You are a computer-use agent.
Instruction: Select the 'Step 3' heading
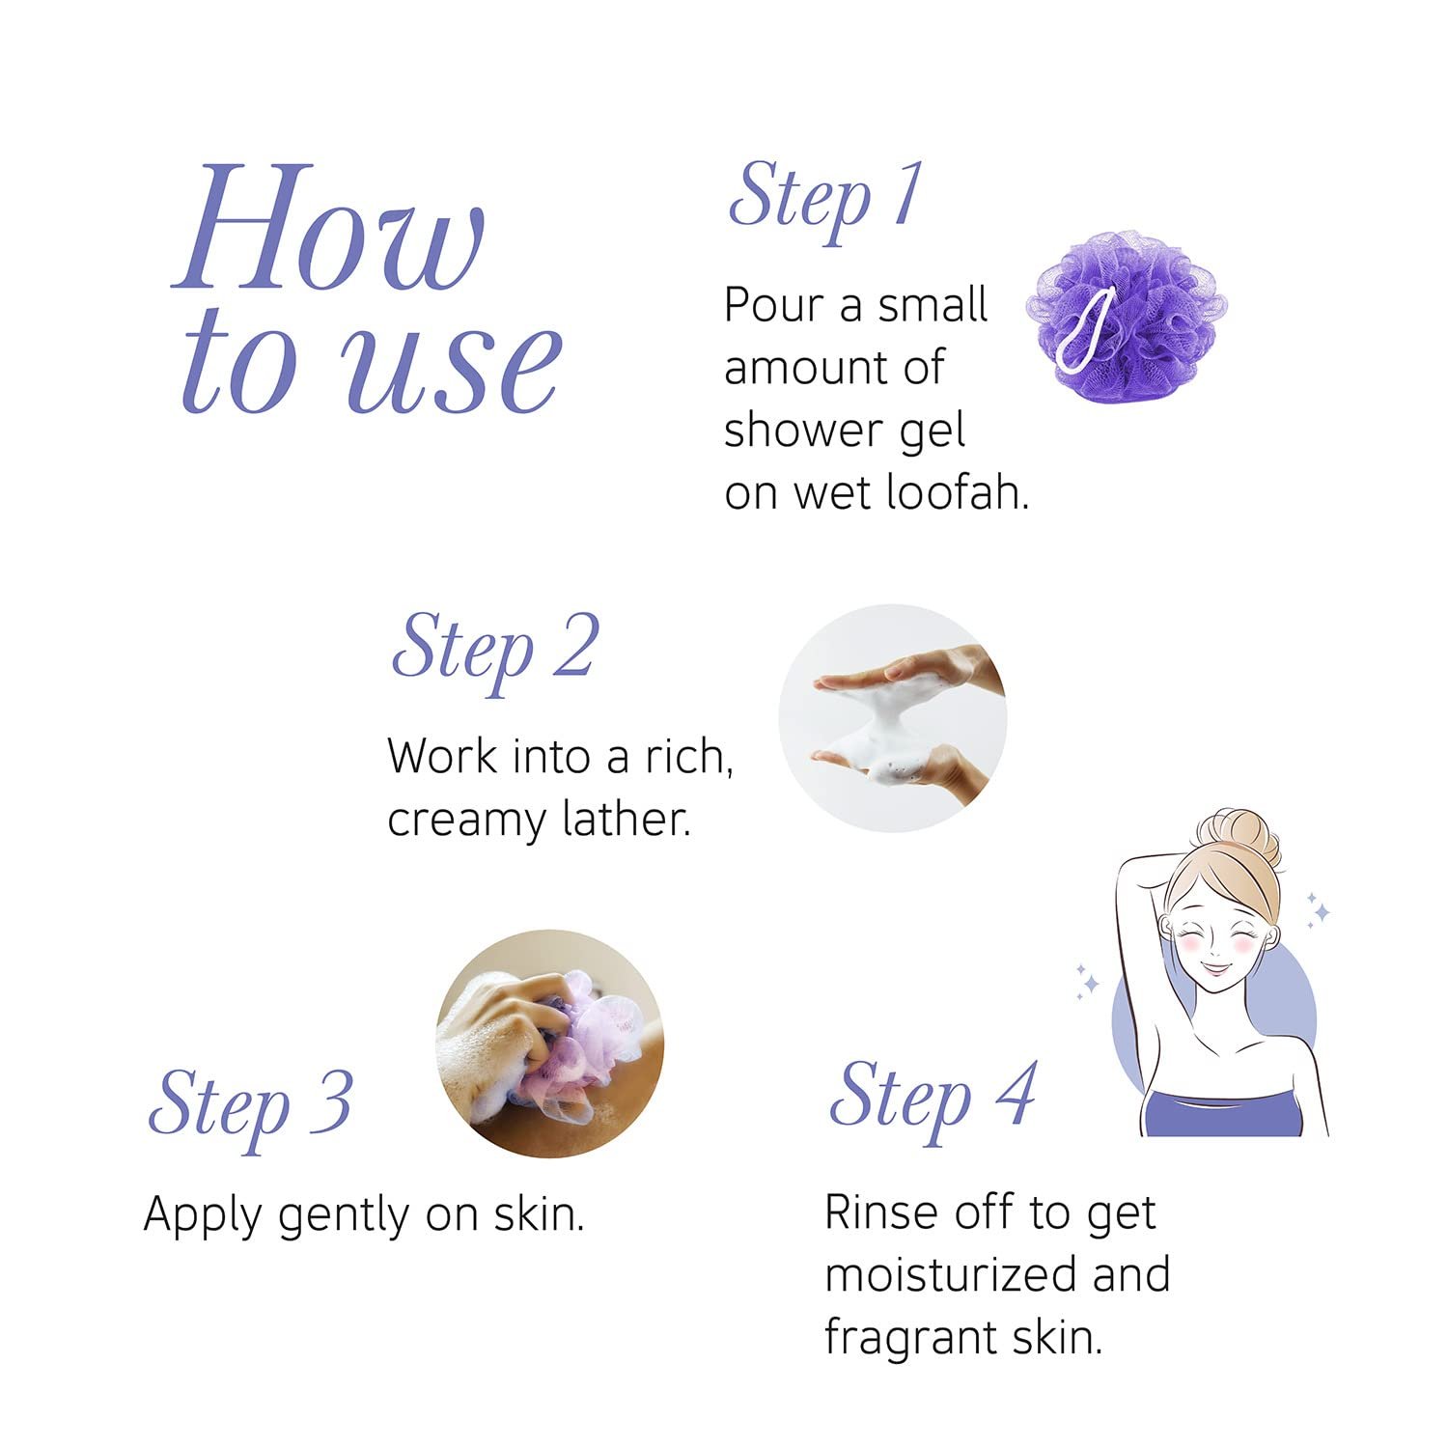[x=250, y=1108]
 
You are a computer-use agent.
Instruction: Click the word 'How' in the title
[x=328, y=228]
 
